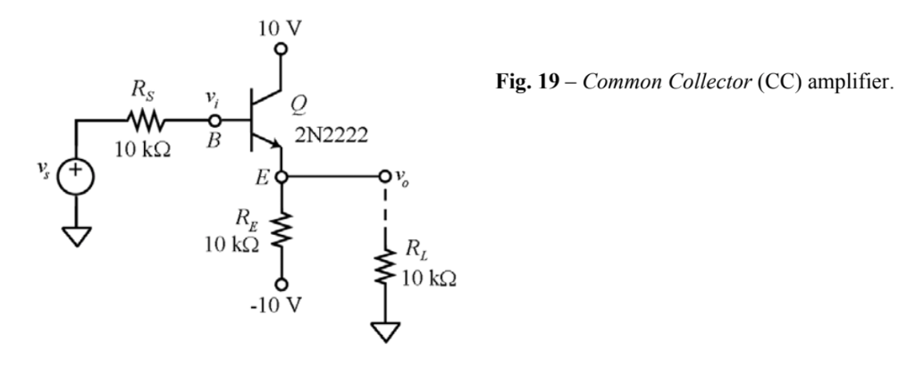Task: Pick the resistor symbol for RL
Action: pyautogui.click(x=385, y=266)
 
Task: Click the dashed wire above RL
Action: pyautogui.click(x=385, y=214)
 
